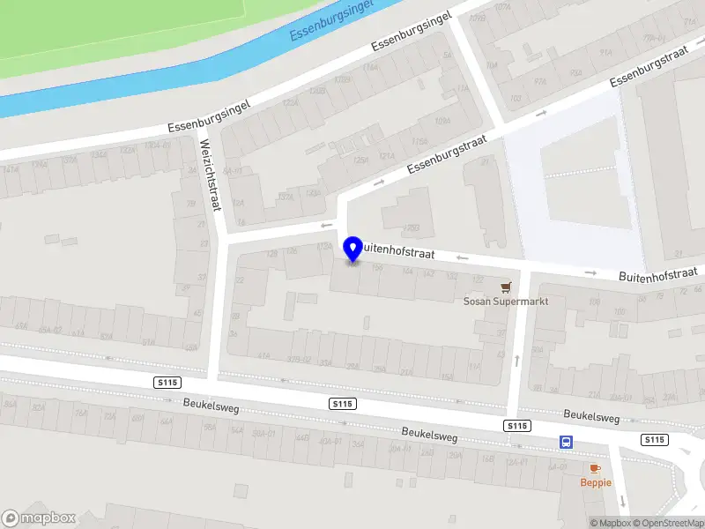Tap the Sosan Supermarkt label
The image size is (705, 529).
click(506, 302)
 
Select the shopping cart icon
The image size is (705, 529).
click(506, 287)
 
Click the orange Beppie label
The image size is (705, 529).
click(595, 482)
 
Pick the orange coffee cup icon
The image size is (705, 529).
click(595, 468)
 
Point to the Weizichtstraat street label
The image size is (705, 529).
click(210, 175)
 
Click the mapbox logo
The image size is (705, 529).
click(39, 518)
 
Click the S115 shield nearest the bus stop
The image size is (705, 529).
click(517, 426)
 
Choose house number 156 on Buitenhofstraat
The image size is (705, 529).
click(377, 266)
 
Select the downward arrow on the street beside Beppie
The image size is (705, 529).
click(624, 500)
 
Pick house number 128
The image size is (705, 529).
click(271, 254)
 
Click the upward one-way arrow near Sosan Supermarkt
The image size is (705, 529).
click(516, 360)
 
